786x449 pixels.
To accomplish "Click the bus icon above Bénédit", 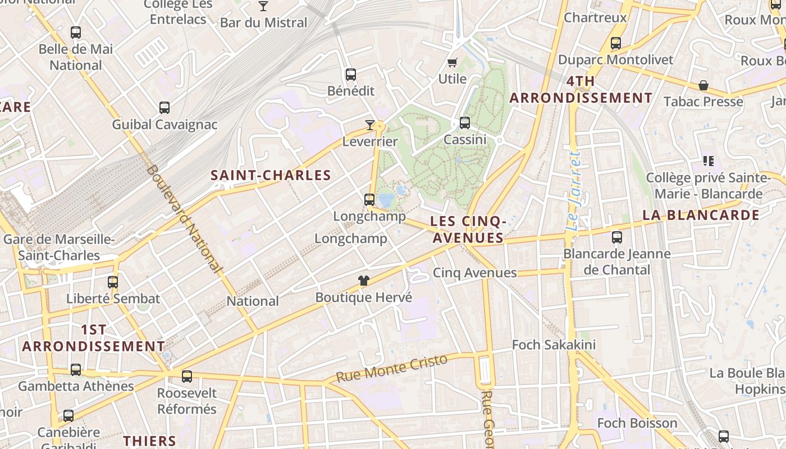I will click(351, 74).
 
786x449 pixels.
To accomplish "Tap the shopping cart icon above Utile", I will click(453, 62).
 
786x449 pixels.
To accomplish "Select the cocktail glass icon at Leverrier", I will click(370, 125).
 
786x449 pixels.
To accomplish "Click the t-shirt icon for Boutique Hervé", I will click(364, 281).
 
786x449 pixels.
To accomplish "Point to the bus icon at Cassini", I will click(465, 122).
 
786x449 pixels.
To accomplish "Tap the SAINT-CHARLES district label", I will click(271, 175).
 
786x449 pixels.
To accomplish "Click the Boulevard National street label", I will click(185, 218).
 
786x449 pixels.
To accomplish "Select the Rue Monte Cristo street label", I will click(392, 368).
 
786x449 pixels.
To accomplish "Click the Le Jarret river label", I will click(573, 191).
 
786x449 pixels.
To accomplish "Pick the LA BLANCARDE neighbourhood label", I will click(701, 215).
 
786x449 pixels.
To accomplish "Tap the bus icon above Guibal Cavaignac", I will click(164, 107).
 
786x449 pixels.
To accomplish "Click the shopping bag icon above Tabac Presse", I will click(703, 85).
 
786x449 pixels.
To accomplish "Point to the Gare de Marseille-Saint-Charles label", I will click(59, 248).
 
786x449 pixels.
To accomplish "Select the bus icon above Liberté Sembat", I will click(113, 282).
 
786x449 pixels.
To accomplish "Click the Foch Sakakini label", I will click(554, 345).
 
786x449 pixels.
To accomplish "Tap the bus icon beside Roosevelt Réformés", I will click(187, 376).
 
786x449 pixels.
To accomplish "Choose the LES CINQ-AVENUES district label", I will click(468, 230).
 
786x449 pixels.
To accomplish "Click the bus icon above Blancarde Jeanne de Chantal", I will click(617, 237).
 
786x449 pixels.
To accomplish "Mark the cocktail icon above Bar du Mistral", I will click(263, 6).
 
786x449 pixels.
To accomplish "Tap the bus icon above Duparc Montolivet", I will click(616, 43).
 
